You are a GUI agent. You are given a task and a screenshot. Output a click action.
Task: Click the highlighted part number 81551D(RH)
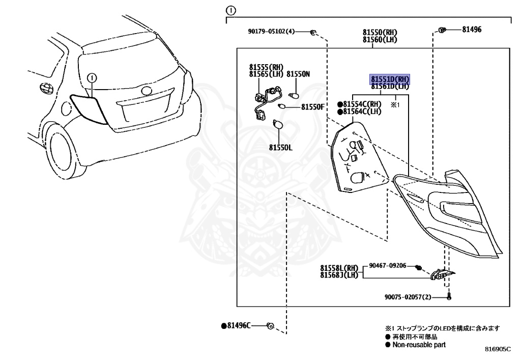coord(390,79)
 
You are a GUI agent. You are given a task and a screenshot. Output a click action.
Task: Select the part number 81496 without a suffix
coord(472,30)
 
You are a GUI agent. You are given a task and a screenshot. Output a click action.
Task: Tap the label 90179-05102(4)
coord(271,32)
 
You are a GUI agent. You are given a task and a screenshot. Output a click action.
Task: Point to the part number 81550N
coord(298,74)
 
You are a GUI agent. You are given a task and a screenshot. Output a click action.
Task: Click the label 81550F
coord(313,107)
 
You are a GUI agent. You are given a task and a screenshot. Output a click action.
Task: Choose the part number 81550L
coord(281,147)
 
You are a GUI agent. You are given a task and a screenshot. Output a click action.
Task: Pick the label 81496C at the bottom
coord(239,326)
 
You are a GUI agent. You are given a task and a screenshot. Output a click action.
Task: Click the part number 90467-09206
coord(387,266)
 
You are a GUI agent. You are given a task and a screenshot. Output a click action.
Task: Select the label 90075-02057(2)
coord(408,297)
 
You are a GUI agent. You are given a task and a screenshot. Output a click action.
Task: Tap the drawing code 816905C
coord(498,349)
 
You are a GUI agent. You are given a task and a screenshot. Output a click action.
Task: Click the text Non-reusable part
coord(419,345)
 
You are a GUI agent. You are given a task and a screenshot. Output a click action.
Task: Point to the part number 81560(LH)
coord(380,40)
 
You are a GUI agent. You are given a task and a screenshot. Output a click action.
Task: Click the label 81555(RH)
coord(266,67)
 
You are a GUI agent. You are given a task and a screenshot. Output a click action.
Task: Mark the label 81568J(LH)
coord(339,275)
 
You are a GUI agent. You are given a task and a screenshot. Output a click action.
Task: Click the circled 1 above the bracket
coord(230,11)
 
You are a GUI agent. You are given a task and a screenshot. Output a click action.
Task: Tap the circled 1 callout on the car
coord(92,78)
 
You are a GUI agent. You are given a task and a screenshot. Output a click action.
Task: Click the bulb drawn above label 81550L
coord(278,125)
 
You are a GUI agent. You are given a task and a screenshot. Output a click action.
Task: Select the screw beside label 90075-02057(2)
coord(449,296)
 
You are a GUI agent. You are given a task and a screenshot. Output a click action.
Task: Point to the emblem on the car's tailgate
coord(146,91)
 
